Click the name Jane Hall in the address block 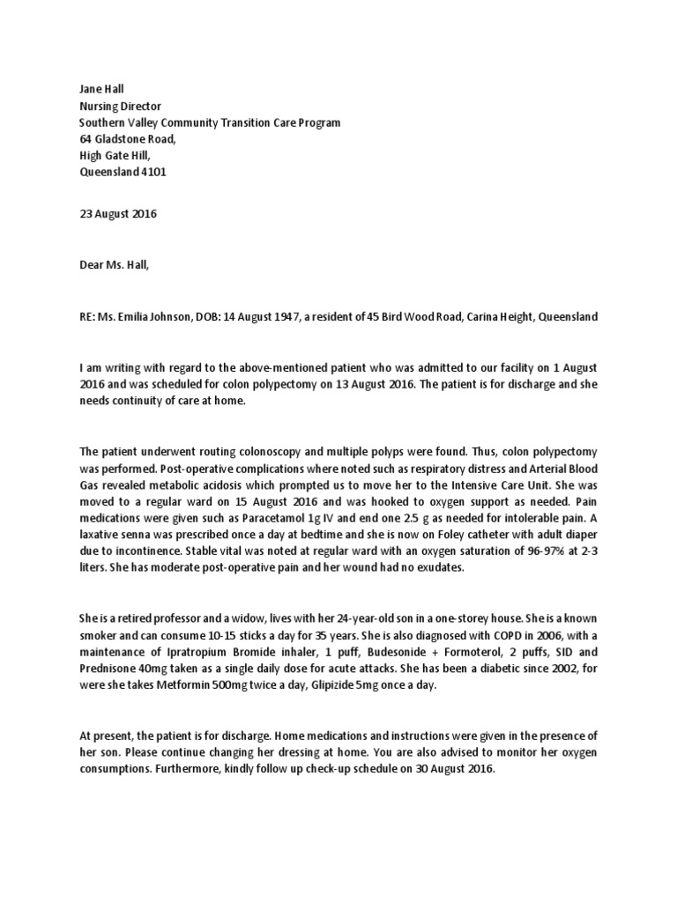point(101,89)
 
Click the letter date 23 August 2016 point(118,214)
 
